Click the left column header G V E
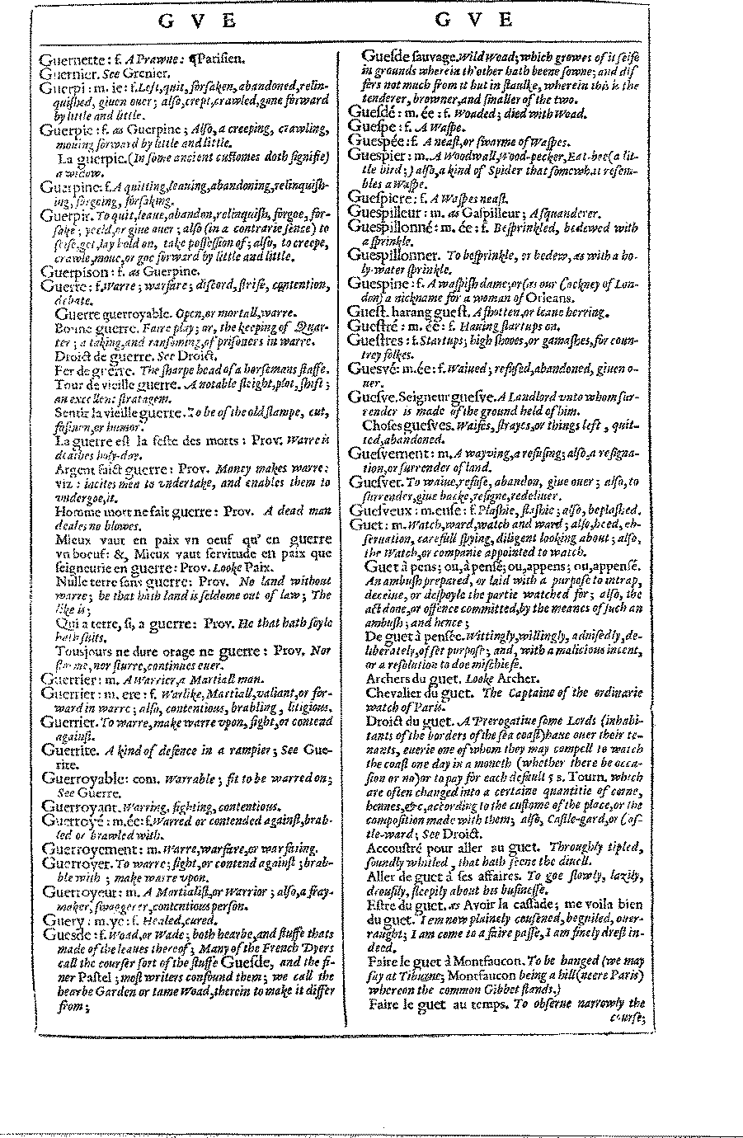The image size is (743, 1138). pyautogui.click(x=198, y=21)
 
